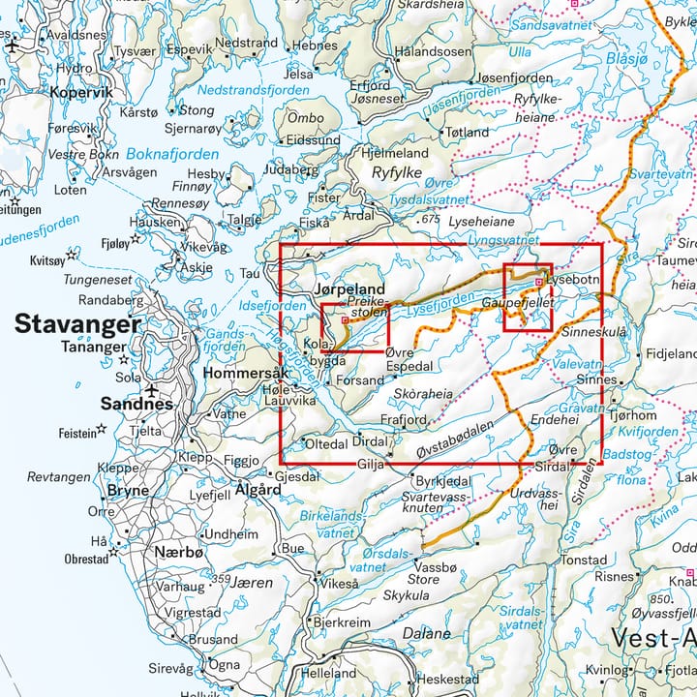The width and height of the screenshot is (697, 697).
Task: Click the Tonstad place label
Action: point(584,561)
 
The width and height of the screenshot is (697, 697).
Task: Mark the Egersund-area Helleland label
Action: point(328,673)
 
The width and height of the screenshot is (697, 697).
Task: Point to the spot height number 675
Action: point(431,221)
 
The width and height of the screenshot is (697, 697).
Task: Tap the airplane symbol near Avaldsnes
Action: point(12,44)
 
